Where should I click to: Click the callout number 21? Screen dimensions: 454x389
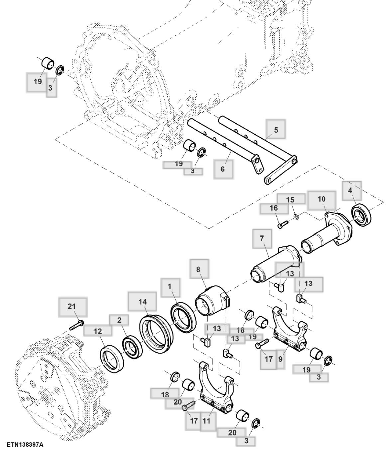pos(72,306)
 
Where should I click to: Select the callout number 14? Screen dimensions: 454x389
pos(142,302)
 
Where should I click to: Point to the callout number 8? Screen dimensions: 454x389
pos(198,269)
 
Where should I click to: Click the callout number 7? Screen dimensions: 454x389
pos(262,238)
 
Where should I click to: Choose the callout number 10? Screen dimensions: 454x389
pos(321,199)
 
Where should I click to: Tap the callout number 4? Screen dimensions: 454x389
pos(350,190)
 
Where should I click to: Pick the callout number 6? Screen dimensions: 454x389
pos(222,169)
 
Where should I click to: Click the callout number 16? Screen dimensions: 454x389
pos(273,208)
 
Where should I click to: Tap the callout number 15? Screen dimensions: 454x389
pos(290,199)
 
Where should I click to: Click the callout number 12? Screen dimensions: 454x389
pos(97,331)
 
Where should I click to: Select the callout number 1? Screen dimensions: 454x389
pos(170,286)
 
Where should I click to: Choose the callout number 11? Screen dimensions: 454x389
pos(206,421)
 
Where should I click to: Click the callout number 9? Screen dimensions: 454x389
pos(280,359)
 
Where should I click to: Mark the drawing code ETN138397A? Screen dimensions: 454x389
pos(25,445)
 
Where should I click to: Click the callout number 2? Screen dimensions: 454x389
pos(119,320)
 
